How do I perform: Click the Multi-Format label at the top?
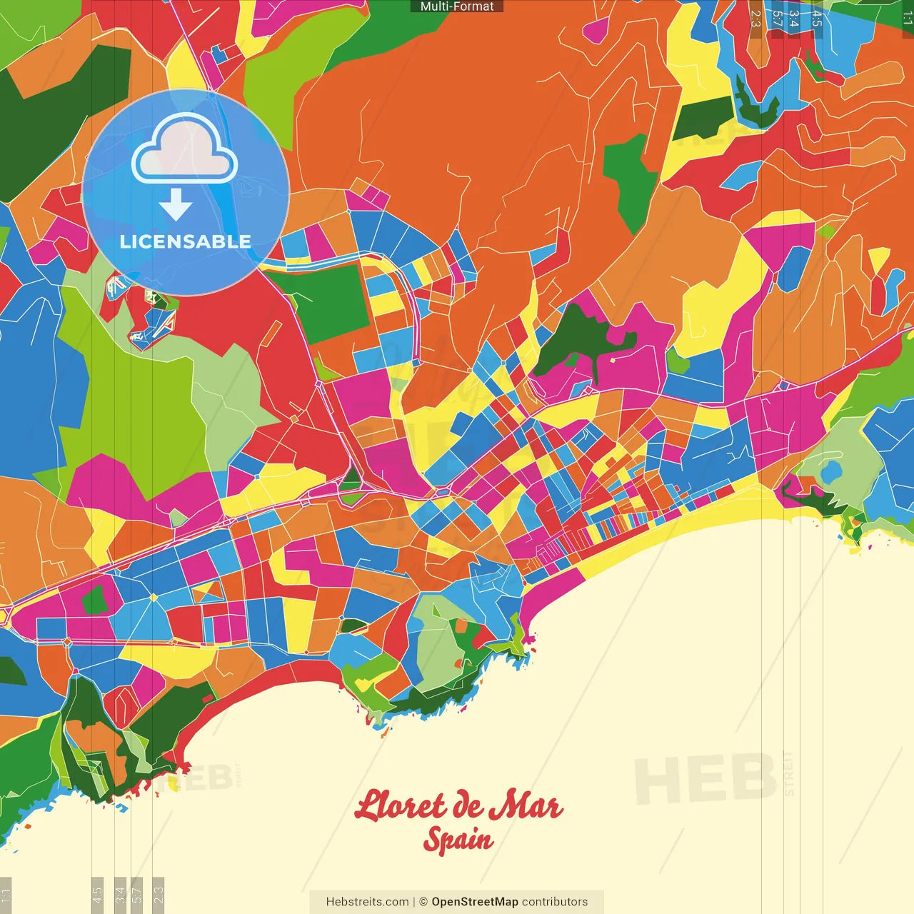coord(457,6)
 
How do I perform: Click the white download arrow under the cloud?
coord(176,206)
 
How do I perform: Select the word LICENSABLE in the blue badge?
coord(186,241)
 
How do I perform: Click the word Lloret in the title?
coord(401,806)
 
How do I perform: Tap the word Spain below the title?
coord(458,840)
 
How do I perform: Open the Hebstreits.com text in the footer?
coord(367,902)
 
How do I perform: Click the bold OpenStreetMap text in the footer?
coord(474,902)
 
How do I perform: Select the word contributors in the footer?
coord(555,902)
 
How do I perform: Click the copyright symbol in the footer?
coord(423,902)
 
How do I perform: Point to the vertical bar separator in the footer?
coord(414,902)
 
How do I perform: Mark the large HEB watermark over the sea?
coord(705,778)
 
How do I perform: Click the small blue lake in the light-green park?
coord(831,472)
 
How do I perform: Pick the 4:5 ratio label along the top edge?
coord(817,18)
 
